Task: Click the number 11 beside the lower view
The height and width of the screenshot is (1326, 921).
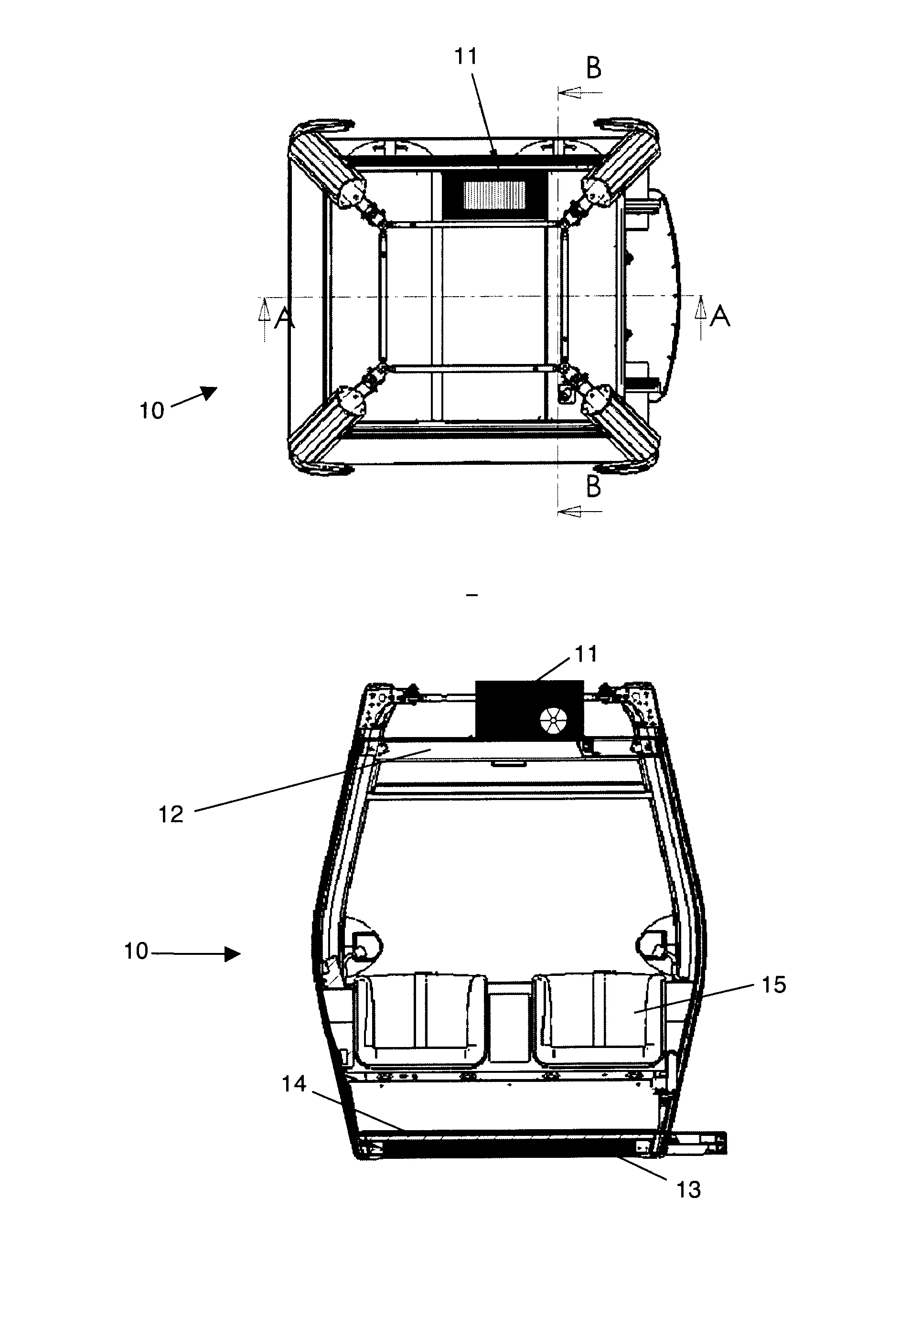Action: click(586, 654)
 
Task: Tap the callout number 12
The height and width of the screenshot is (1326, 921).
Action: click(171, 814)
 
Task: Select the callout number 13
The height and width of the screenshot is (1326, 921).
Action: click(688, 1189)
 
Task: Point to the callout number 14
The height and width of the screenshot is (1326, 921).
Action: click(294, 1084)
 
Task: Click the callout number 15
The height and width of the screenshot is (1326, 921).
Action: click(774, 984)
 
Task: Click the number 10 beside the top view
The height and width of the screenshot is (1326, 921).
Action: click(152, 411)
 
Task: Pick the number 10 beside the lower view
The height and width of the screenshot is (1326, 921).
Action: click(136, 951)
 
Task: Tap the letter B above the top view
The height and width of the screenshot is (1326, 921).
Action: click(593, 69)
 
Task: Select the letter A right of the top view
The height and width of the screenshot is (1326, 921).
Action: click(719, 316)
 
